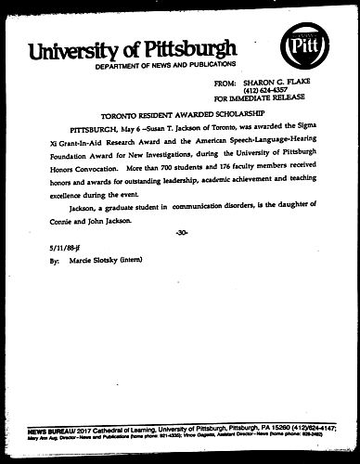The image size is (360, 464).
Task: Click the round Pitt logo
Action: (x=306, y=45)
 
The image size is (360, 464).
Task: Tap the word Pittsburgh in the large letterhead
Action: (x=192, y=50)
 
